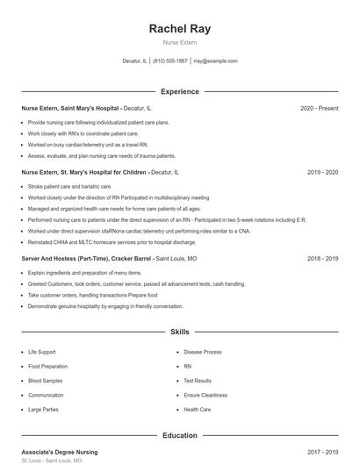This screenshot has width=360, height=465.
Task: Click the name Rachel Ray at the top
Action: click(180, 28)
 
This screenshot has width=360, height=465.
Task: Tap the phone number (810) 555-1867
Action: click(170, 61)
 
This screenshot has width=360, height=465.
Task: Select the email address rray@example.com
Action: click(215, 61)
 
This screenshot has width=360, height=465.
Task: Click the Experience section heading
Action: click(180, 91)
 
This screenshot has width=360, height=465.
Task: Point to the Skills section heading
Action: click(180, 333)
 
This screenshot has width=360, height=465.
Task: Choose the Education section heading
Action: click(180, 435)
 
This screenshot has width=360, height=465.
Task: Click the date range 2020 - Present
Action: click(319, 108)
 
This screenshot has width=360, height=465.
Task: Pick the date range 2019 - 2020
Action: click(322, 173)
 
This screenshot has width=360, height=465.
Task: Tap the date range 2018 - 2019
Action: click(322, 259)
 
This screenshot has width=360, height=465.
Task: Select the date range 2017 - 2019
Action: click(322, 452)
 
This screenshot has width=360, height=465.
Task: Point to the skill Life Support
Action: click(42, 352)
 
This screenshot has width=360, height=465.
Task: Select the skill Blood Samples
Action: click(46, 381)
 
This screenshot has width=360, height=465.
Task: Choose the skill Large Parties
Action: click(43, 409)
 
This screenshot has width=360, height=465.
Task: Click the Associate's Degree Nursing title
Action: click(60, 452)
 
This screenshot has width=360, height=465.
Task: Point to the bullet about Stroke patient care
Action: click(69, 187)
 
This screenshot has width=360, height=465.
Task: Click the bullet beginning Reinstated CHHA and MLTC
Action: click(112, 241)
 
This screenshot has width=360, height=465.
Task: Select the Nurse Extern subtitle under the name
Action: click(180, 42)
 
